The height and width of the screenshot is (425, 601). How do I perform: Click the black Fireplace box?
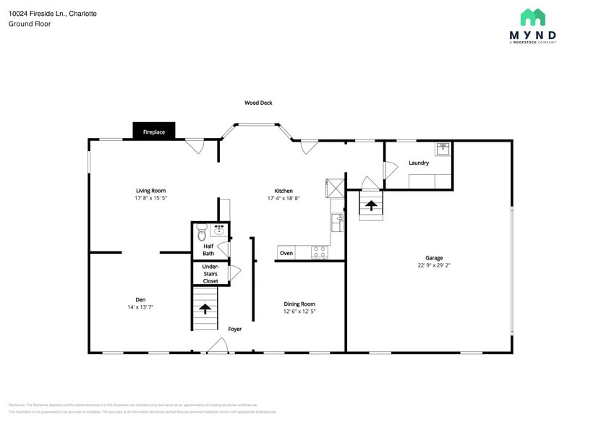[x=153, y=132]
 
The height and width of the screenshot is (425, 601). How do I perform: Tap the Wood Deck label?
[x=258, y=103]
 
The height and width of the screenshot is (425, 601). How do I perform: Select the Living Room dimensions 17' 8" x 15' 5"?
[x=150, y=198]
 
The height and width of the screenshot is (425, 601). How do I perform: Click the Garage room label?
[x=434, y=257]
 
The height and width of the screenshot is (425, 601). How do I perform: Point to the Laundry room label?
[x=419, y=163]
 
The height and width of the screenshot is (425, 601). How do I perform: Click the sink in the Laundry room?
[x=443, y=150]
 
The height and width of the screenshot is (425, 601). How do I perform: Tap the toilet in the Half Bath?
[x=202, y=233]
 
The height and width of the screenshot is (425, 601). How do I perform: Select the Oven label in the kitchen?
[x=286, y=253]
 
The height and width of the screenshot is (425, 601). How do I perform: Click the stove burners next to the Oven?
[x=319, y=252]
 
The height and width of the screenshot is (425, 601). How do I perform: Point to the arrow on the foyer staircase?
[x=205, y=309]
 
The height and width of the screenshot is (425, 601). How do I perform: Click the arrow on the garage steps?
[x=371, y=205]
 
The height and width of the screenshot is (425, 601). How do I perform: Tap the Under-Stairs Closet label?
[x=210, y=273]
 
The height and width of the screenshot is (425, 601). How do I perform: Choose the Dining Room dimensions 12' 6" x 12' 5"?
[x=299, y=312]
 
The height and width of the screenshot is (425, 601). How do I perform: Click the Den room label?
[x=140, y=299]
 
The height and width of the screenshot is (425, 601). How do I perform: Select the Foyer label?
[x=235, y=329]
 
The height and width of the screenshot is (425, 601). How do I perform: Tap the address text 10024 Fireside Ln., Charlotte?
[x=53, y=14]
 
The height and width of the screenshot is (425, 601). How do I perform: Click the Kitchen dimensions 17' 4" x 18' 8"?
[x=283, y=198]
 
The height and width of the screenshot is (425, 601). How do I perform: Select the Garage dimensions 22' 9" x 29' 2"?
[x=434, y=265]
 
